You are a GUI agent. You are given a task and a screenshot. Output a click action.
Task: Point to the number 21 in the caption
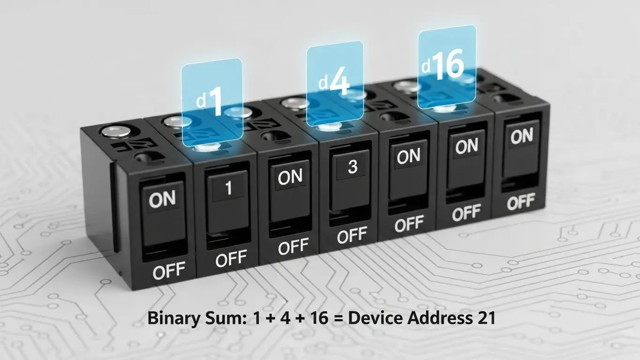click(485, 318)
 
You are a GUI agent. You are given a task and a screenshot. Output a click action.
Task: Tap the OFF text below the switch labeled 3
click(352, 236)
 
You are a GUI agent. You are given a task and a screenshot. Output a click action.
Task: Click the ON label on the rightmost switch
click(521, 137)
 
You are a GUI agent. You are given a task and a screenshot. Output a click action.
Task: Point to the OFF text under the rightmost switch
click(521, 203)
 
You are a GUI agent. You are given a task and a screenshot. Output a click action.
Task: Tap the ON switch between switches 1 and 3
click(290, 178)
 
